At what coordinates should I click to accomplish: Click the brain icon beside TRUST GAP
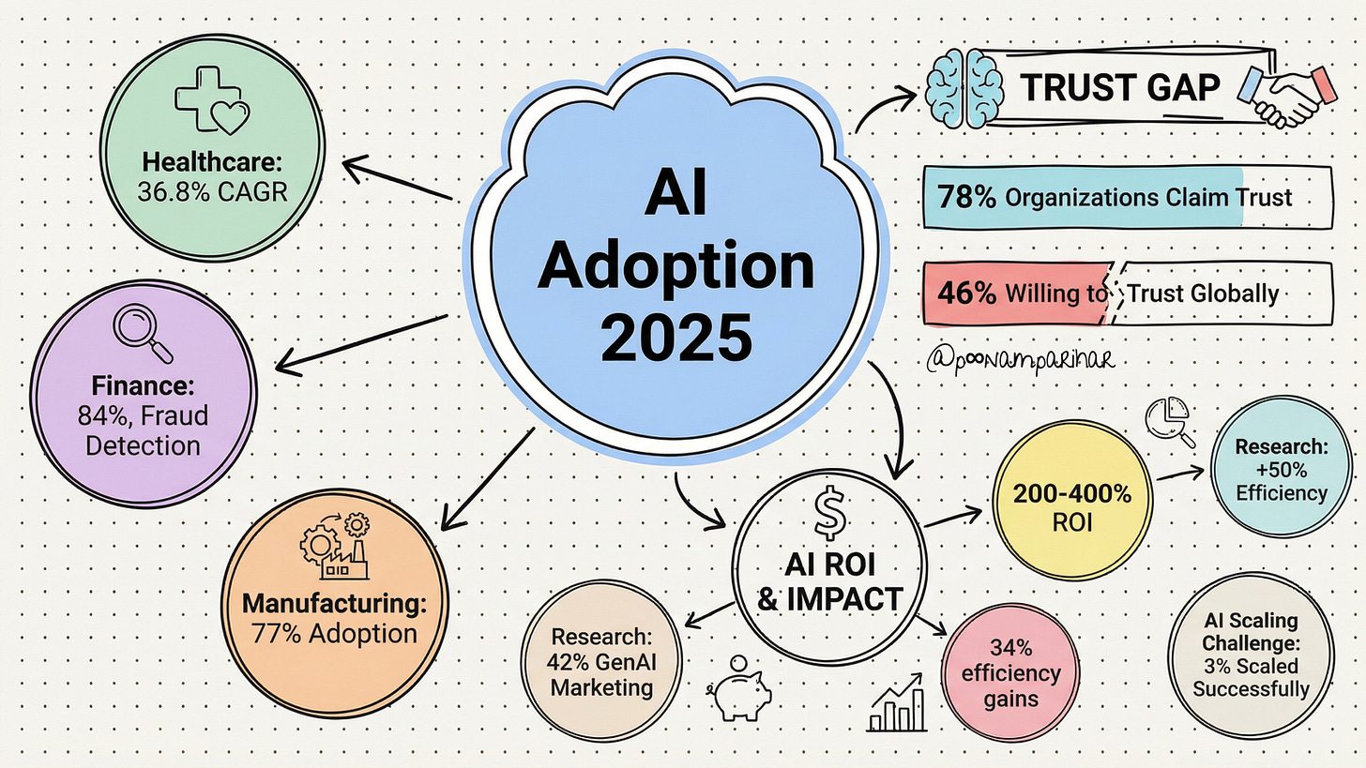pos(964,87)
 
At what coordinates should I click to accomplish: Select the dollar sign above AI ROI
pos(829,515)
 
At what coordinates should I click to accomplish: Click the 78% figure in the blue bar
pos(966,198)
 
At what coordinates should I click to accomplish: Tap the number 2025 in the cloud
pos(675,339)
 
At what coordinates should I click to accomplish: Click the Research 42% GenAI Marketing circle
pos(601,661)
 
